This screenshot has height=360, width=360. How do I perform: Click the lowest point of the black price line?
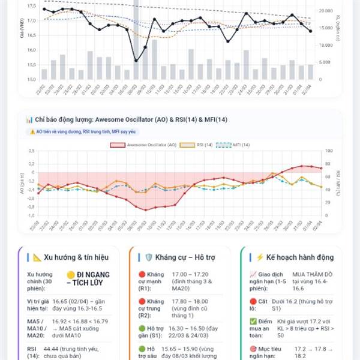[136, 61]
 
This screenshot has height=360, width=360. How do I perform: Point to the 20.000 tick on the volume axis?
[325, 11]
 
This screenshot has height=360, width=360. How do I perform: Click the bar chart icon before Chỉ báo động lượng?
[29, 119]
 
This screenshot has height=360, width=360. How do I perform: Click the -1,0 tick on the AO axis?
[31, 215]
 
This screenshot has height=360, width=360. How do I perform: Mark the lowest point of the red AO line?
[145, 209]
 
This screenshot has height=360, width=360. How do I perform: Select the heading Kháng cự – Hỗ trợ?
[176, 257]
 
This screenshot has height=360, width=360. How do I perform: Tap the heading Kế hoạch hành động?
[295, 257]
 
